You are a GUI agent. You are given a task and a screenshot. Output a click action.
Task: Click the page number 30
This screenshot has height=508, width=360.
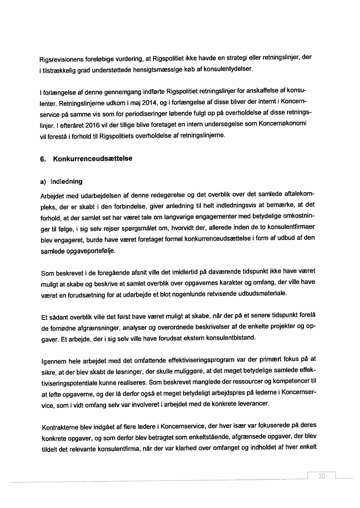[x=322, y=476]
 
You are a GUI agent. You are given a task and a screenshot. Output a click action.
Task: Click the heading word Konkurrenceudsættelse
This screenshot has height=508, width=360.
[x=93, y=159]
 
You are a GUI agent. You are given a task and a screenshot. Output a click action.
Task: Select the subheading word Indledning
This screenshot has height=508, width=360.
[x=67, y=181]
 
